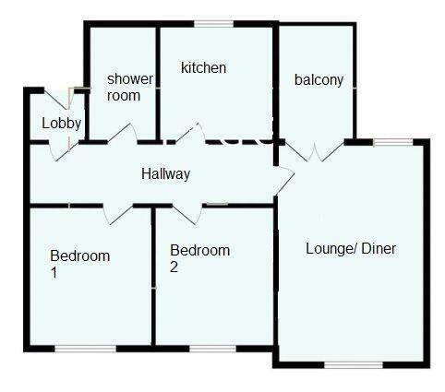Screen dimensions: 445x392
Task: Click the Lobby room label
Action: (62, 124)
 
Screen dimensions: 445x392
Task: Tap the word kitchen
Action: (204, 67)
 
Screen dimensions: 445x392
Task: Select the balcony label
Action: (319, 80)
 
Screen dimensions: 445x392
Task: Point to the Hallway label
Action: (166, 174)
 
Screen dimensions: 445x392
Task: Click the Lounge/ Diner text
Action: (351, 248)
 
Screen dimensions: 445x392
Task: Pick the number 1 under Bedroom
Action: (54, 273)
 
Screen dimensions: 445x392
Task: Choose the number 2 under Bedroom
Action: (174, 267)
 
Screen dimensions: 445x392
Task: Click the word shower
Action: (130, 79)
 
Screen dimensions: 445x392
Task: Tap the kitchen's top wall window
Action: (214, 24)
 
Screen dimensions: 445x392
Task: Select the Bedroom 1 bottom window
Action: (86, 349)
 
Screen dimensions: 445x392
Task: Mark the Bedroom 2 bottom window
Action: (212, 349)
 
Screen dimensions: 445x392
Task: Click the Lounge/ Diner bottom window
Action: (354, 365)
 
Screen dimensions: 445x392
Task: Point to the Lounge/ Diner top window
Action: (393, 142)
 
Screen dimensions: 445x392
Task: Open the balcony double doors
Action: (315, 151)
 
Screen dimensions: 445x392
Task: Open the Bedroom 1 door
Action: (118, 214)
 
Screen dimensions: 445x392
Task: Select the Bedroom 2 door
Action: (187, 214)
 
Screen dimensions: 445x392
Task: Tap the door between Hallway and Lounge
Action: (285, 181)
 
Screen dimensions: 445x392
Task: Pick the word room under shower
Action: (124, 96)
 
